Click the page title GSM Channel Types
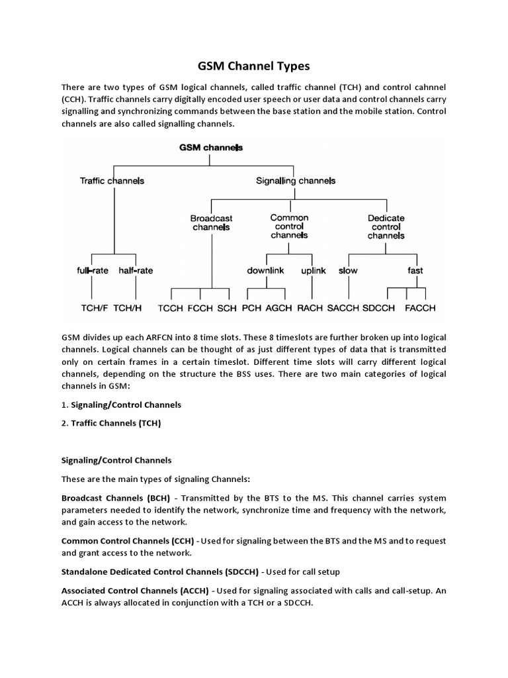pyautogui.click(x=254, y=66)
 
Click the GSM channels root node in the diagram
pyautogui.click(x=211, y=147)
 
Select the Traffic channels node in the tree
pyautogui.click(x=112, y=180)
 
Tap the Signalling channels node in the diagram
pyautogui.click(x=296, y=180)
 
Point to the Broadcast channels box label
pyautogui.click(x=211, y=222)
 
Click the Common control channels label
pyautogui.click(x=289, y=226)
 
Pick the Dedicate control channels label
pyautogui.click(x=386, y=226)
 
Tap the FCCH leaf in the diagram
pyautogui.click(x=200, y=308)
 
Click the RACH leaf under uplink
pyautogui.click(x=310, y=308)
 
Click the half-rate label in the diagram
pyautogui.click(x=136, y=270)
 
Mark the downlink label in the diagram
pyautogui.click(x=266, y=270)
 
